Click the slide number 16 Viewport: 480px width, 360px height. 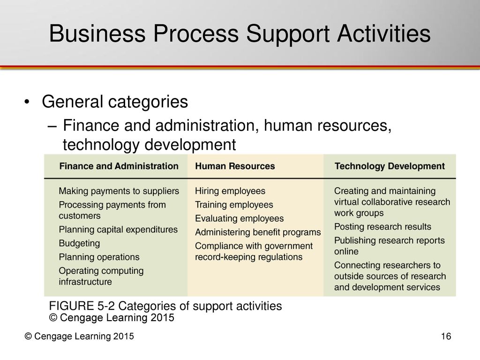[x=446, y=336]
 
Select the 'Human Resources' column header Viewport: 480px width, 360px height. [x=235, y=166]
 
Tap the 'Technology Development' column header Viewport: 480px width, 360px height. [x=390, y=166]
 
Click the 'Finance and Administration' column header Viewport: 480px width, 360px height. [x=119, y=166]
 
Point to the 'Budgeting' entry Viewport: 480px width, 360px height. [x=79, y=243]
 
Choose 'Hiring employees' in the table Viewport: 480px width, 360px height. [x=230, y=191]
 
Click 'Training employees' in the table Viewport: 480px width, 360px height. [x=234, y=205]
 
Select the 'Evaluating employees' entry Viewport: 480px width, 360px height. [x=239, y=218]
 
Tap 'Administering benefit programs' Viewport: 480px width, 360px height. [x=258, y=232]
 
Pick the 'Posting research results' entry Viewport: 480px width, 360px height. [x=382, y=226]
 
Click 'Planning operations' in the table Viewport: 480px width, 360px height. [x=99, y=257]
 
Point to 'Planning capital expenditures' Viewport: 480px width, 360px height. [x=118, y=230]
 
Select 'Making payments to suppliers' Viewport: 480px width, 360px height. [x=119, y=191]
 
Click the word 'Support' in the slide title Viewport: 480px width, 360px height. [x=288, y=34]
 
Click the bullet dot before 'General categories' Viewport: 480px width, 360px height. [x=27, y=102]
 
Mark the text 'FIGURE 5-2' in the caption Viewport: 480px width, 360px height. [x=82, y=306]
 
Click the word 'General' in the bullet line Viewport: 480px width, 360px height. [x=72, y=101]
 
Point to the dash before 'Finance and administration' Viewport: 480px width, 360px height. [x=52, y=126]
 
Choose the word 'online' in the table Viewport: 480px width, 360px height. [x=346, y=251]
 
